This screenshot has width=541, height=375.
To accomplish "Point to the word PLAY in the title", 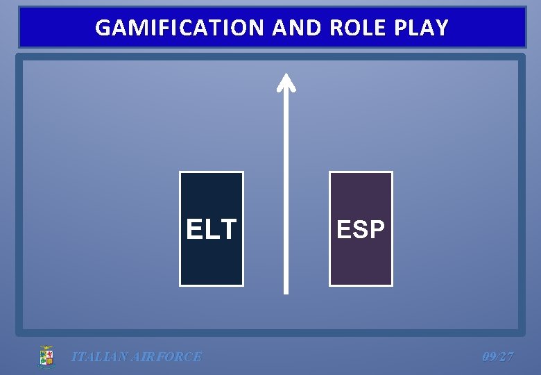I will [x=422, y=28].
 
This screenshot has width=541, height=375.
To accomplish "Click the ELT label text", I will [x=212, y=229].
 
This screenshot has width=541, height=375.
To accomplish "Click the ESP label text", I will [x=361, y=229].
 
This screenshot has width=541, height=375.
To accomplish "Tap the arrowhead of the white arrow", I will [x=286, y=81].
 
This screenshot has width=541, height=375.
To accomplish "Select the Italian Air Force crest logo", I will [x=46, y=357].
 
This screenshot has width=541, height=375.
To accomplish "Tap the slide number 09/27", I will [x=498, y=357].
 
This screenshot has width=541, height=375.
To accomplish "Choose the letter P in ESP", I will [x=377, y=229].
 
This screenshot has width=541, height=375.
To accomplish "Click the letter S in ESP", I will [x=361, y=229].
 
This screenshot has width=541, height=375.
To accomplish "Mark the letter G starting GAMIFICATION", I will [x=103, y=28].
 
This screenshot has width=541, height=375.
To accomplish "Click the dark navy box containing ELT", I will [x=212, y=264].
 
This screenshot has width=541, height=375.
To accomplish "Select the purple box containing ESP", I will [x=361, y=264].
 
